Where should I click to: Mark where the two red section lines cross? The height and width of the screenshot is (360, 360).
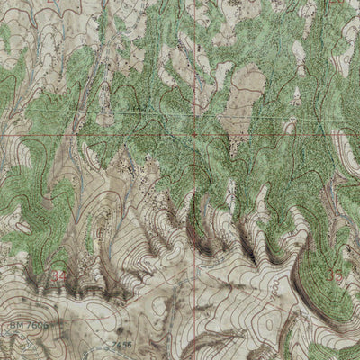[x=197, y=137]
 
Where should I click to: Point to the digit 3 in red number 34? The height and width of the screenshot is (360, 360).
[x=57, y=274]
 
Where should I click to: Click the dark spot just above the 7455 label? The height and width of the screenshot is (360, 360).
[x=115, y=336]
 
